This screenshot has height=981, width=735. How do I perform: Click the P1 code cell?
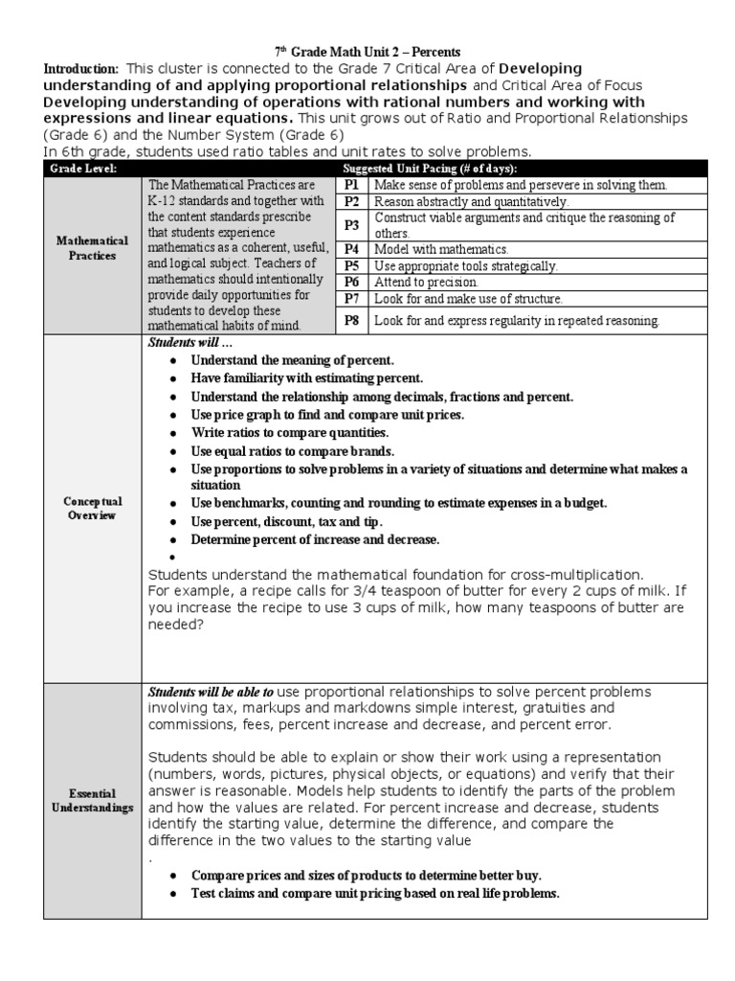point(351,185)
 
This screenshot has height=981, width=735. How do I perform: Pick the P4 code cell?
point(351,248)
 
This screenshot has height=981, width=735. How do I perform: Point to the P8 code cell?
point(351,321)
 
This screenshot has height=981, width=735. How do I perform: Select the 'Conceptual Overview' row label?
point(92,508)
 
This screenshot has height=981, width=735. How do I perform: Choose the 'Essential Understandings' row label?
point(92,801)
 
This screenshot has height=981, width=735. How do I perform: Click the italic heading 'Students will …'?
point(190,344)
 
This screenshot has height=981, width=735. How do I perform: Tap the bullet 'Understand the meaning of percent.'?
point(292,360)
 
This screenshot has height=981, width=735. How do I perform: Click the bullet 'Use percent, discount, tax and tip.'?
point(286,521)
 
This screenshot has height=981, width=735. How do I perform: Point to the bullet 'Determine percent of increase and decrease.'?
point(315,539)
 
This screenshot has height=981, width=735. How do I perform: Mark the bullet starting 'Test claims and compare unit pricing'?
point(374,893)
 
